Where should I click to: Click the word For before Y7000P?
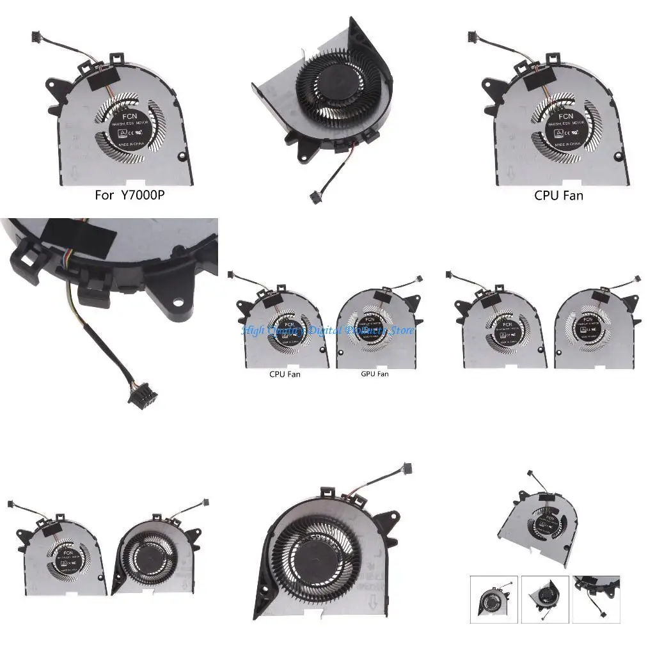[105, 196]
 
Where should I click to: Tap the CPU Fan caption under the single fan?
[558, 196]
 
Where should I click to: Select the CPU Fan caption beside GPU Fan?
[285, 374]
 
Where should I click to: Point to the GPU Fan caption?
[374, 374]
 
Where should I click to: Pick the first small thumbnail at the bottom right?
[494, 599]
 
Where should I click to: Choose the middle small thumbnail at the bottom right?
[545, 599]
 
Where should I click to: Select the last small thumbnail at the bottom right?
[596, 599]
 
